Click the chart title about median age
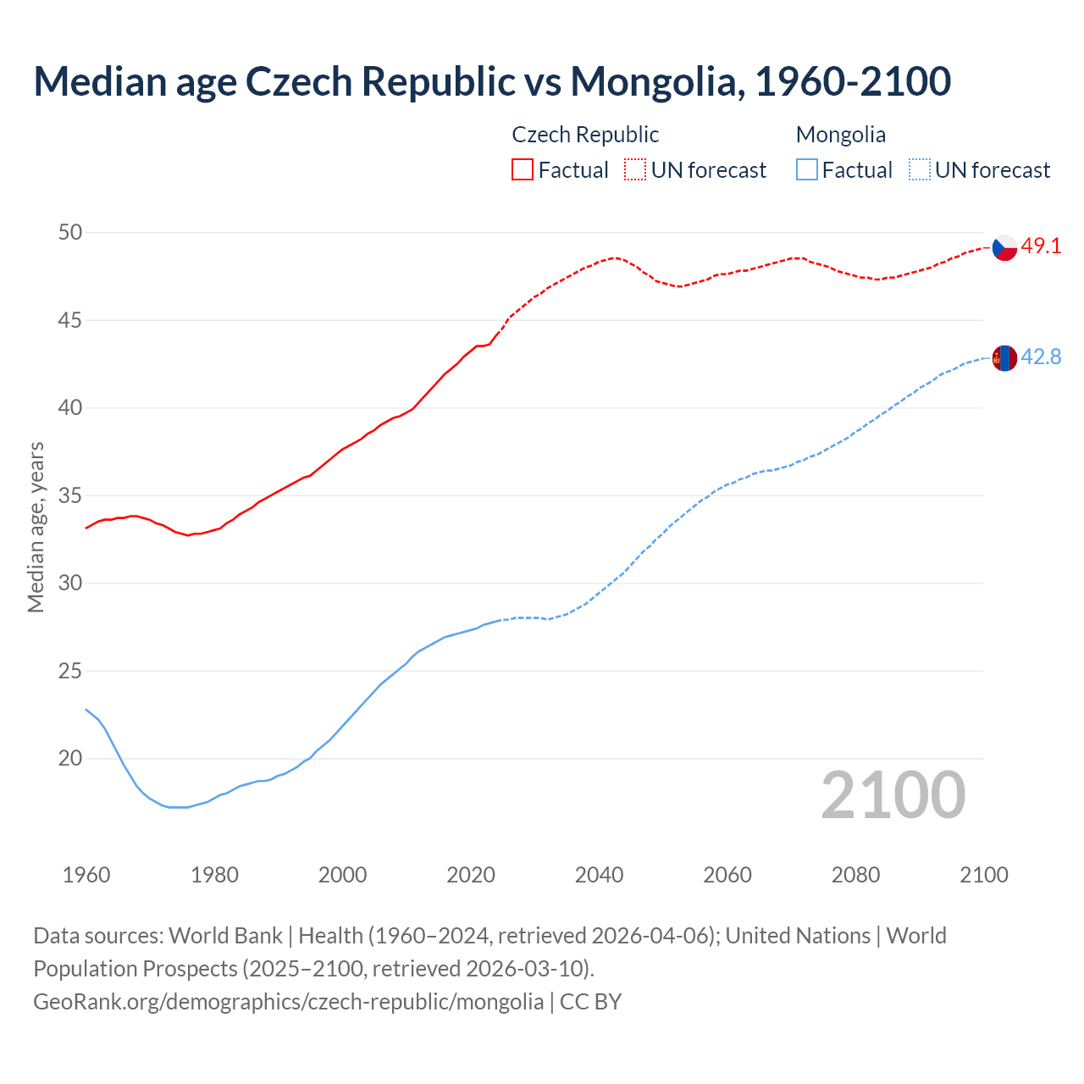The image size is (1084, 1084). tap(492, 81)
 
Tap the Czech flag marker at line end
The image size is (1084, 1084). tap(1004, 247)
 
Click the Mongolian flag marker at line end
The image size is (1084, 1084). tap(1004, 358)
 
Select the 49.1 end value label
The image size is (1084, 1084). tap(1041, 246)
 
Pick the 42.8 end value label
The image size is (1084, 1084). tap(1041, 357)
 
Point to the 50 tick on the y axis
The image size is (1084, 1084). tap(70, 232)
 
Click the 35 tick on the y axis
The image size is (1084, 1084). tap(70, 495)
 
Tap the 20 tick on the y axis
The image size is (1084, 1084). tap(70, 758)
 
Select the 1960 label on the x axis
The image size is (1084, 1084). tap(86, 875)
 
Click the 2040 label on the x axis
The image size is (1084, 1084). tap(599, 875)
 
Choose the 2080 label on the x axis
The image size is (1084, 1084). tap(855, 875)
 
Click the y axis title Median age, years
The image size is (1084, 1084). tap(36, 527)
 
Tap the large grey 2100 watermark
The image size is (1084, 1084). tap(893, 794)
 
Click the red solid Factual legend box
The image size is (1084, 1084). tap(523, 170)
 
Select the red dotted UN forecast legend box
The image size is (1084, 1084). tap(635, 170)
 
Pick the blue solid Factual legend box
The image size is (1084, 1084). tap(807, 170)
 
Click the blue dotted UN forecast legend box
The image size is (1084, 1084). tap(919, 170)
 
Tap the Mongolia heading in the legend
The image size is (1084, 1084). tap(841, 135)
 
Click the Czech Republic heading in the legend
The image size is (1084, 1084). tap(585, 135)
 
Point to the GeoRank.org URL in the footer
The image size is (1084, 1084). tap(288, 1002)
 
